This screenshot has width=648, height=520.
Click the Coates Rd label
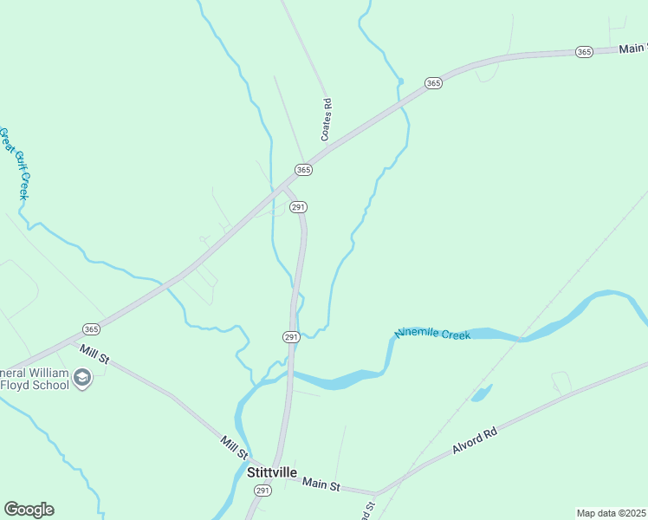(327, 120)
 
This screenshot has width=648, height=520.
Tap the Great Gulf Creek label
(15, 164)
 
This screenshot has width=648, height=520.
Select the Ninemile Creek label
(433, 333)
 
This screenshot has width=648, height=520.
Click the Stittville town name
(272, 472)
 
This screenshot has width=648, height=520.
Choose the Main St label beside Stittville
(322, 484)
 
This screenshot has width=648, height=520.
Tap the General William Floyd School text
(35, 379)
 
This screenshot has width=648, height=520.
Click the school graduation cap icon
(82, 379)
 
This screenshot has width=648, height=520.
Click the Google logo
(29, 510)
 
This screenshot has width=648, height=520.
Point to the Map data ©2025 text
(611, 513)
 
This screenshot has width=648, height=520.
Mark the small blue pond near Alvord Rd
(482, 393)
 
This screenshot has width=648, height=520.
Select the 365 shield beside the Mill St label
(91, 328)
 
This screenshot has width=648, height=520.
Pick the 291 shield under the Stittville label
(262, 491)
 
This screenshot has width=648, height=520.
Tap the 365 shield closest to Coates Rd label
(303, 170)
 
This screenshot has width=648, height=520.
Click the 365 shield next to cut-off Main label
(584, 52)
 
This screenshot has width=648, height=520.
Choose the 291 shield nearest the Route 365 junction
(298, 207)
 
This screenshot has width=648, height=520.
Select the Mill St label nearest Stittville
(234, 448)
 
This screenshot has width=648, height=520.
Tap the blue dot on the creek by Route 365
(401, 81)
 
